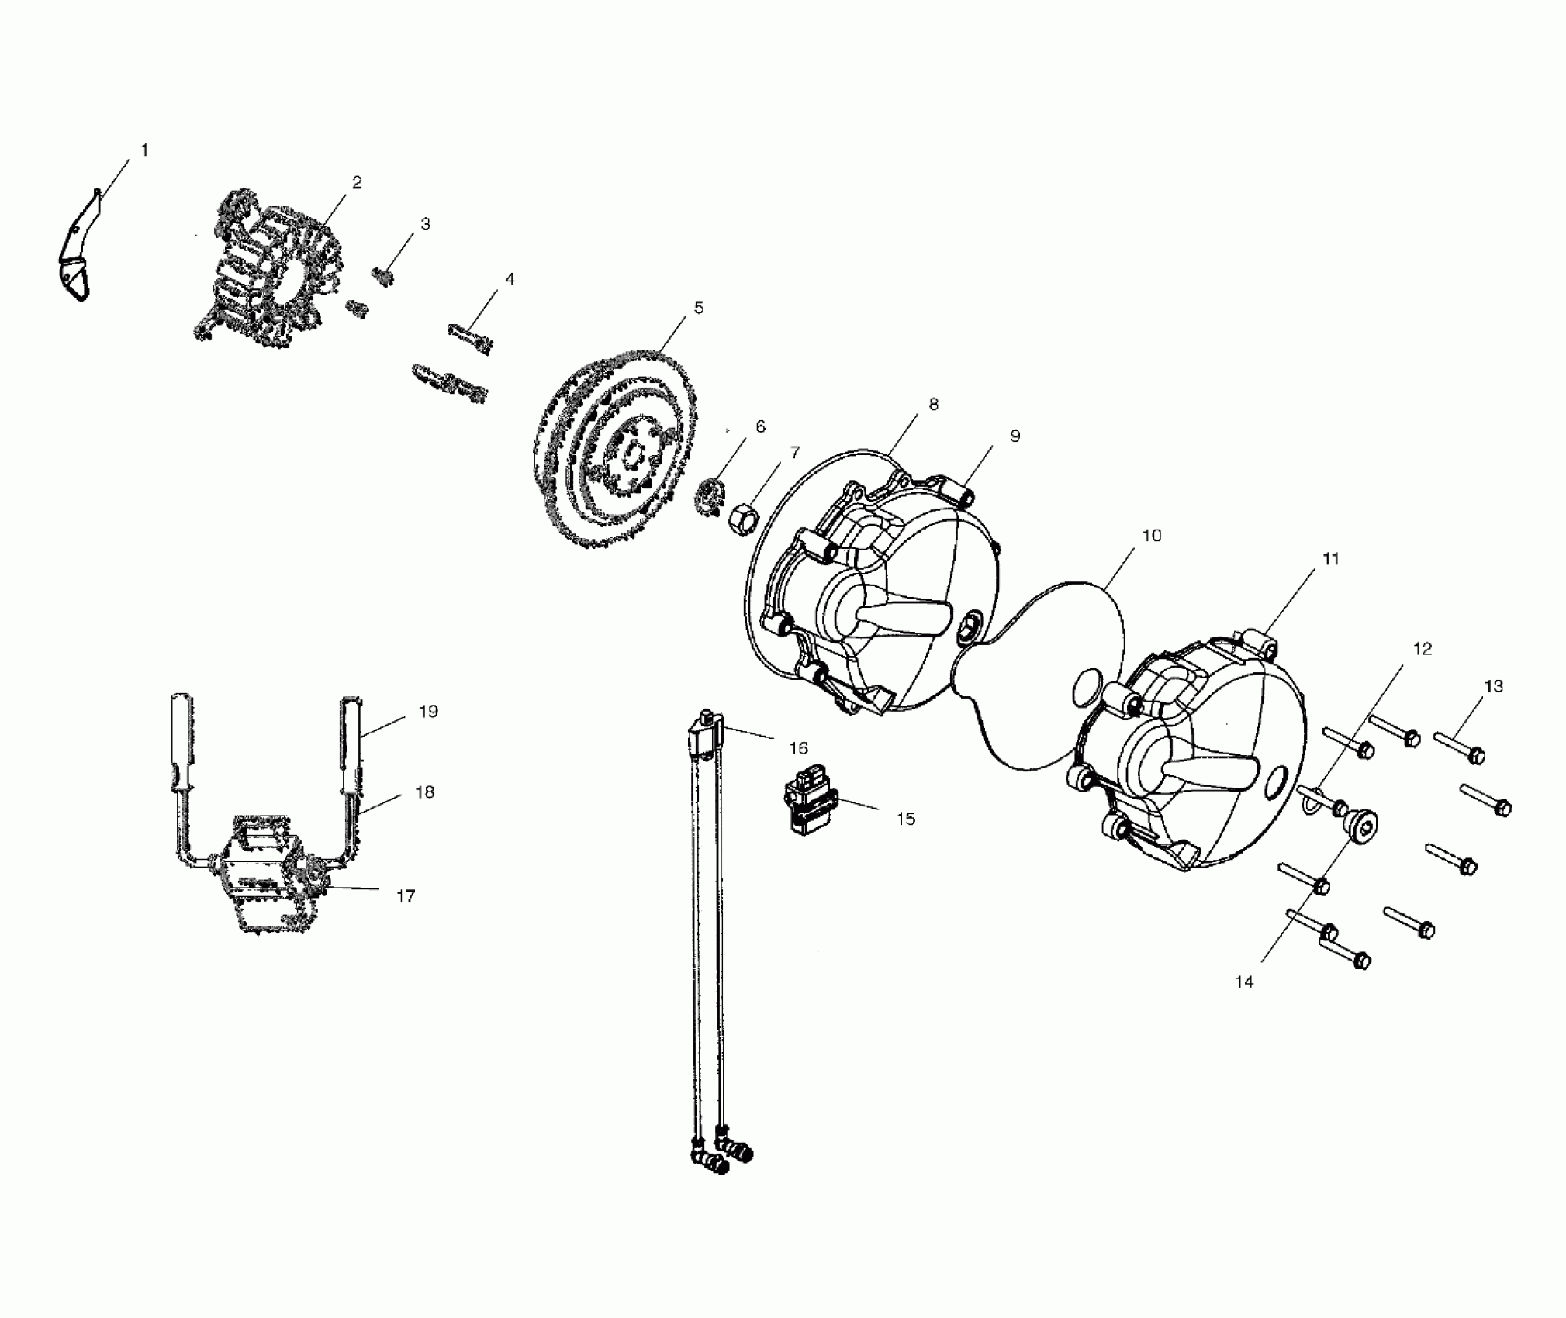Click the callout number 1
point(144,150)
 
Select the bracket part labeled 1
point(76,251)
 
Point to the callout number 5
point(699,308)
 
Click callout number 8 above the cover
point(933,404)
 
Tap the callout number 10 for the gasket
point(1152,536)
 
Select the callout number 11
point(1331,559)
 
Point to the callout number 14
point(1244,982)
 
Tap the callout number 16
point(798,748)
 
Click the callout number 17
point(406,896)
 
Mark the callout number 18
point(424,792)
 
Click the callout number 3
point(425,224)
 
